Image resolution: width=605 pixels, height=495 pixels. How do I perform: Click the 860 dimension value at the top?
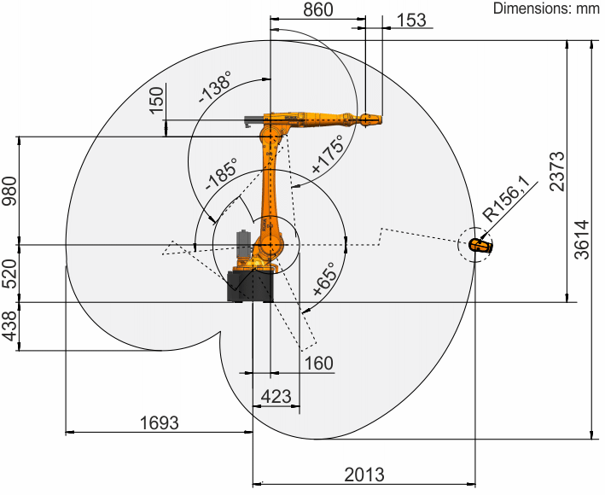[x=317, y=9]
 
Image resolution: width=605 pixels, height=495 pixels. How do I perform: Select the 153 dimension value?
[x=411, y=20]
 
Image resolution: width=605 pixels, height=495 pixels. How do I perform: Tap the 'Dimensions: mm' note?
[x=546, y=8]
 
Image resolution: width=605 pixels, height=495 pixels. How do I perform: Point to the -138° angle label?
[x=214, y=87]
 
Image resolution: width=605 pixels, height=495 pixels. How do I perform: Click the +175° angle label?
[x=327, y=154]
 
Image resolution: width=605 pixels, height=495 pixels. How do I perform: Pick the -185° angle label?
[x=221, y=173]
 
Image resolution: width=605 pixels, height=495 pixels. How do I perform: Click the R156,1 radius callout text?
[x=507, y=202]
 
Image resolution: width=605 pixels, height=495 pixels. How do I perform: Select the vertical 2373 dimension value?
[x=557, y=172]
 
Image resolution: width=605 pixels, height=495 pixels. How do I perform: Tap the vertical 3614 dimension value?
[x=582, y=239]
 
